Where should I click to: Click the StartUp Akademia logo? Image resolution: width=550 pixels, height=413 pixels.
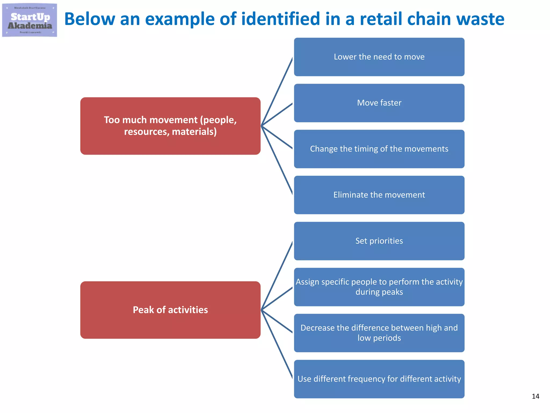pyautogui.click(x=30, y=20)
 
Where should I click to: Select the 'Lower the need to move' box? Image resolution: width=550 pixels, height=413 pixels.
pyautogui.click(x=379, y=57)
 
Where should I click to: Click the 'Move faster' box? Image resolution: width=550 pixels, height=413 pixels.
pyautogui.click(x=379, y=103)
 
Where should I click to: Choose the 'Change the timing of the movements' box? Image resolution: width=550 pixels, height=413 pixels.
pyautogui.click(x=379, y=149)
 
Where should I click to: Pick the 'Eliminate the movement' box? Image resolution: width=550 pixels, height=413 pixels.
pyautogui.click(x=379, y=195)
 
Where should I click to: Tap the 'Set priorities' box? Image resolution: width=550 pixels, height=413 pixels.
pyautogui.click(x=379, y=241)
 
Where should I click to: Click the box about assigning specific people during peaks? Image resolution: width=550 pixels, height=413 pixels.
pyautogui.click(x=379, y=287)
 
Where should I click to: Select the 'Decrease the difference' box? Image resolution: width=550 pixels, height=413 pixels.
pyautogui.click(x=379, y=333)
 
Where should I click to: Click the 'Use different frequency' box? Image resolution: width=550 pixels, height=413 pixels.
pyautogui.click(x=379, y=379)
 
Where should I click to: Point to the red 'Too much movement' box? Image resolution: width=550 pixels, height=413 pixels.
pyautogui.click(x=170, y=126)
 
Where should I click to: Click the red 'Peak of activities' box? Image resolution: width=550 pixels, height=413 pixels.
pyautogui.click(x=170, y=310)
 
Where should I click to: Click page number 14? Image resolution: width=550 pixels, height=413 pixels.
pyautogui.click(x=535, y=396)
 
